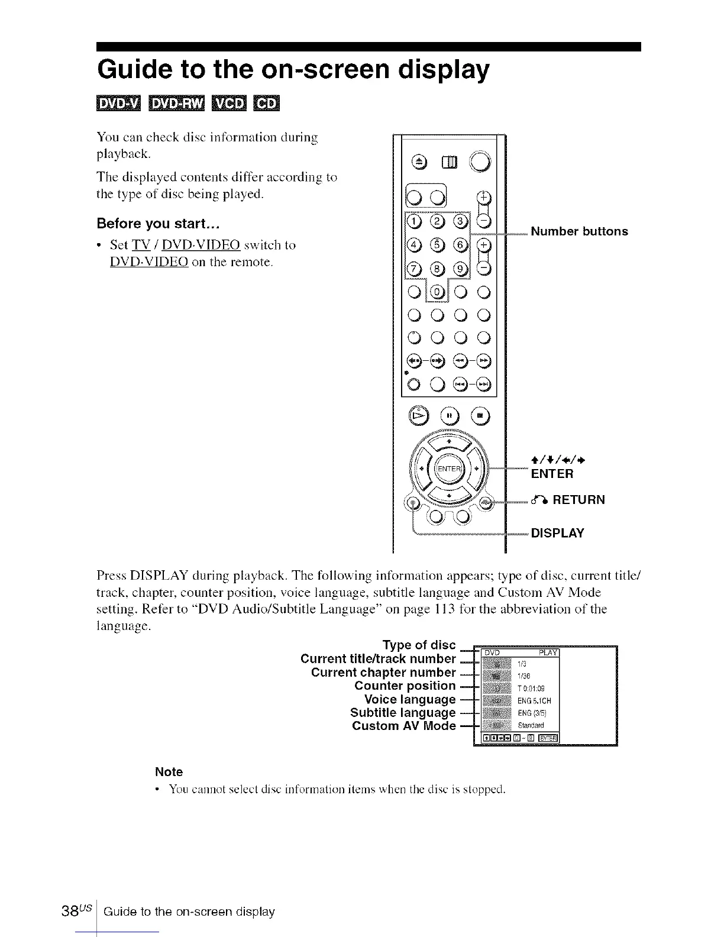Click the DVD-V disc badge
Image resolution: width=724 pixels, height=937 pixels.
118,104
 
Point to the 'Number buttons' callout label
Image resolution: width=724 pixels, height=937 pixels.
579,231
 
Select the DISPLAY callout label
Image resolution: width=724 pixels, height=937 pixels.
557,533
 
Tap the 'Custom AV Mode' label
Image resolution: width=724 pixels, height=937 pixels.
403,726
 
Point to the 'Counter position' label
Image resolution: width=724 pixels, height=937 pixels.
405,686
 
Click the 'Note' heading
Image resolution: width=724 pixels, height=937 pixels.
169,772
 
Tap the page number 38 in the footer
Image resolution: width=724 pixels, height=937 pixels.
85,912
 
